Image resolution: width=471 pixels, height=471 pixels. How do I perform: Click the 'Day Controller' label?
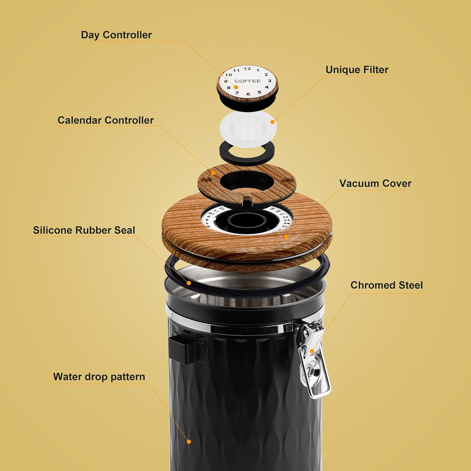116,35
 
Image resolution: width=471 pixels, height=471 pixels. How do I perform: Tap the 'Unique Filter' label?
357,70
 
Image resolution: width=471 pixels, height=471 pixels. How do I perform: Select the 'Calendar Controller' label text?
106,120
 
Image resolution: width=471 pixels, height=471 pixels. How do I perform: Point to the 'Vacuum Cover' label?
375,184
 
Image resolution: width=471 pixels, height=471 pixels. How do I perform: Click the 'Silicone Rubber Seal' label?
84,230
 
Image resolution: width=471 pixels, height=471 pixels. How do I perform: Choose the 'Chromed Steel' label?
387,285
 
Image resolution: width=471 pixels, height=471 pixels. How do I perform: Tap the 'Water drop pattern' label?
99,376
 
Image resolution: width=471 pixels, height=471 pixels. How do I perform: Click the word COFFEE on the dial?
247,81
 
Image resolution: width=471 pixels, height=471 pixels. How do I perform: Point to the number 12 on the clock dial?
247,69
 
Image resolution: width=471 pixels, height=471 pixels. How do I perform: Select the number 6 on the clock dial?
248,94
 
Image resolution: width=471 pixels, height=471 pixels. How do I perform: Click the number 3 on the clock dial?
269,81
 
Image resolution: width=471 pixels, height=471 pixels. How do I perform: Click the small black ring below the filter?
247,152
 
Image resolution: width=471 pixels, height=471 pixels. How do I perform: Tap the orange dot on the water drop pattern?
189,441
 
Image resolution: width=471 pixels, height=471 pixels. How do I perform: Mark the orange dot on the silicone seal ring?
189,283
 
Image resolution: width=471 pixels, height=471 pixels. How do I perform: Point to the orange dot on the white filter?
272,122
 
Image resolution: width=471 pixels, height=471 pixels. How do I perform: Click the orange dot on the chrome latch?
312,351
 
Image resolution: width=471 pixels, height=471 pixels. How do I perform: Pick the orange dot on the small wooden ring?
214,173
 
